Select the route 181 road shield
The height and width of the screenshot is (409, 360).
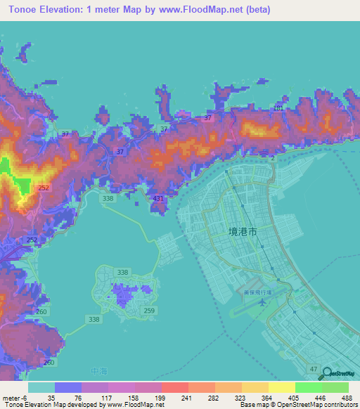tap(278, 108)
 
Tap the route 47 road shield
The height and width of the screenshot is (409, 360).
tap(313, 368)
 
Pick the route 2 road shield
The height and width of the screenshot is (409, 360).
tap(273, 160)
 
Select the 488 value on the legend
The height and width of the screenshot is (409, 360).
tap(347, 397)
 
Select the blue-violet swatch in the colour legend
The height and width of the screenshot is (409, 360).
tap(68, 387)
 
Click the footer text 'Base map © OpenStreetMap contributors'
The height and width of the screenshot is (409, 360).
tap(298, 405)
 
